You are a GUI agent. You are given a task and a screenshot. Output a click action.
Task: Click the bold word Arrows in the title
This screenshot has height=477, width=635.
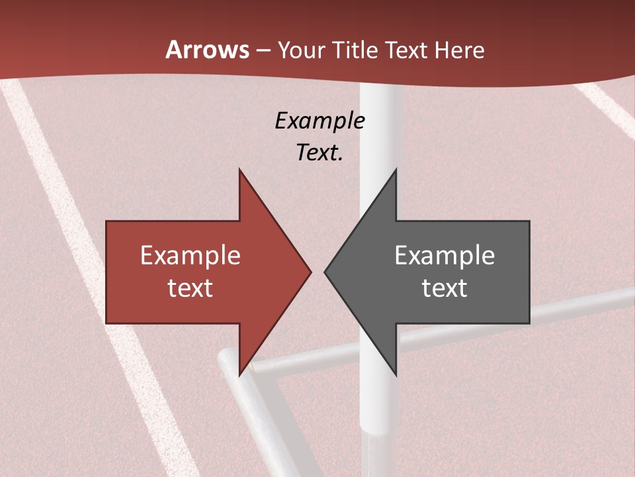tap(208, 50)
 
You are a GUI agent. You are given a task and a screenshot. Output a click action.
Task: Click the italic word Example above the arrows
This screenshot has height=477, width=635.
tap(319, 121)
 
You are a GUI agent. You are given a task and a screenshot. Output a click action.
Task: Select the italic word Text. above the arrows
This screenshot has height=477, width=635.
tap(319, 153)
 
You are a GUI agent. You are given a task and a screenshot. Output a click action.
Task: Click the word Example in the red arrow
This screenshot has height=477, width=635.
tap(190, 256)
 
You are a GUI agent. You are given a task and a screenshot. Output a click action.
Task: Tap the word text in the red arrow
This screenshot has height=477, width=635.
tap(190, 288)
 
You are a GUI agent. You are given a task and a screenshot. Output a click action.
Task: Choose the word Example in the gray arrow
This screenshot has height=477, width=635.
tap(444, 256)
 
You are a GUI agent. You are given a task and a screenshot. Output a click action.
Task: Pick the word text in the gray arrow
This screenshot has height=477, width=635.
tap(444, 288)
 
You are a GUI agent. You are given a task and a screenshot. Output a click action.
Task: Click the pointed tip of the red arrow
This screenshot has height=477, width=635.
tap(311, 272)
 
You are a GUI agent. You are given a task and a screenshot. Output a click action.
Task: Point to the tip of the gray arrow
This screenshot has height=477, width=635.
tap(325, 272)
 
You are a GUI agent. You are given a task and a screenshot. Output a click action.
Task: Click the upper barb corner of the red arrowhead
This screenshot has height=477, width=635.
tap(239, 170)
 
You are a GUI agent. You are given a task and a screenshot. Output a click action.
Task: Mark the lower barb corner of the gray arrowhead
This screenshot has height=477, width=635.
tap(396, 375)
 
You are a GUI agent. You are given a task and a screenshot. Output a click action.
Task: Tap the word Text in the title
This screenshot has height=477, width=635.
tap(406, 50)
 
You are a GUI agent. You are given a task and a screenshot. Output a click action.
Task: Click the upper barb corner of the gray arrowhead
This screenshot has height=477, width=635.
tap(396, 170)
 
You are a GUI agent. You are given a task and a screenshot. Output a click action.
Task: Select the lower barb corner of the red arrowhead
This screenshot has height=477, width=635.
tap(239, 375)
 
